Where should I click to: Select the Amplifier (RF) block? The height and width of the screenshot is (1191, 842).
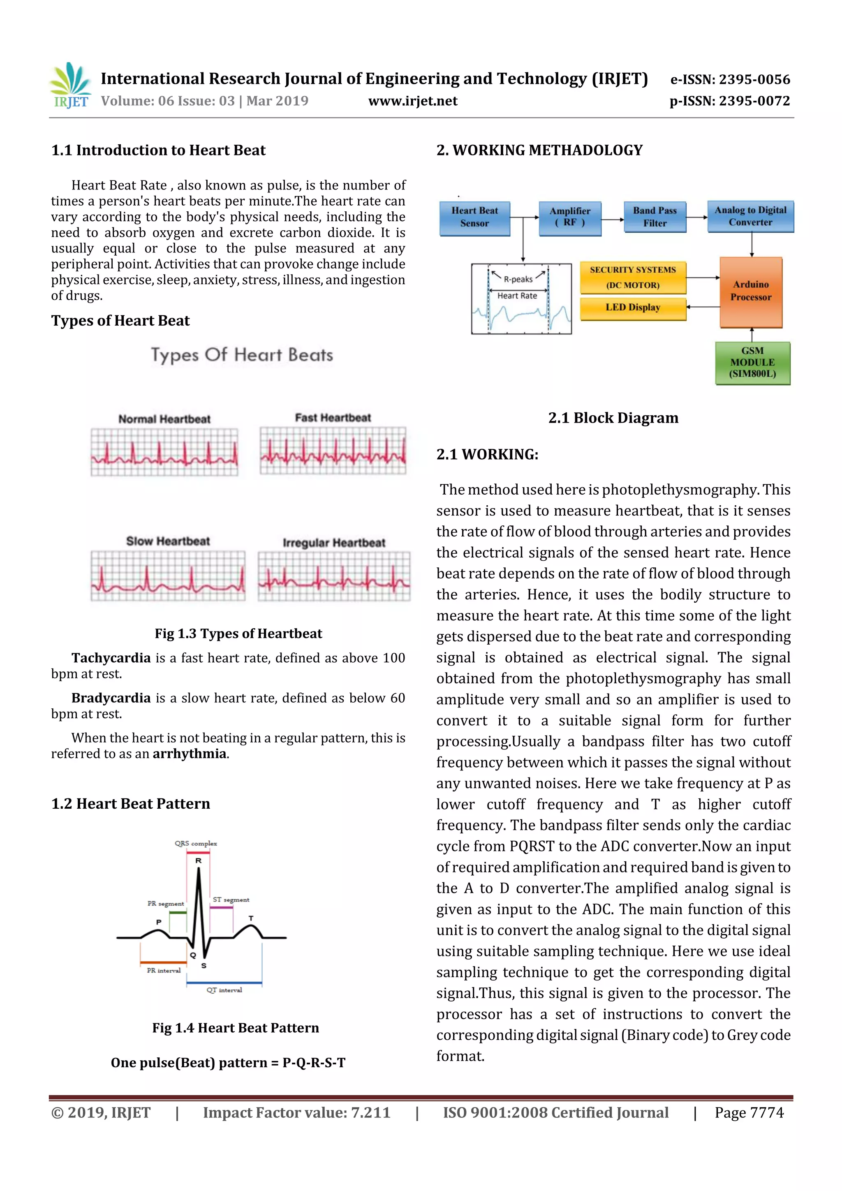(570, 218)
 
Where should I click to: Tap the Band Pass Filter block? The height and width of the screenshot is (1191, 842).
(655, 217)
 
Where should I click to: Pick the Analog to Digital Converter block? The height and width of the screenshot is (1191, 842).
(750, 216)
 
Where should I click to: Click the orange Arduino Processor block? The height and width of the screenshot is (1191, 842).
(751, 291)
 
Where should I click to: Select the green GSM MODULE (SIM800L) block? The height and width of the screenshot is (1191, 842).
(752, 363)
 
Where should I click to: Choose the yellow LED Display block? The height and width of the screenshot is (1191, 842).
(633, 308)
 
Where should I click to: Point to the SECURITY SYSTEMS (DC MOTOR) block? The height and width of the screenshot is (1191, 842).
(633, 278)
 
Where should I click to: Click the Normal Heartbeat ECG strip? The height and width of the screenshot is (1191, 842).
(164, 452)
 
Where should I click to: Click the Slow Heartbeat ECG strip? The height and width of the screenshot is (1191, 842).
(168, 576)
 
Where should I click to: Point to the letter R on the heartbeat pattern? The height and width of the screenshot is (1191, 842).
(198, 860)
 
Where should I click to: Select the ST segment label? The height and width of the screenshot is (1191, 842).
(231, 900)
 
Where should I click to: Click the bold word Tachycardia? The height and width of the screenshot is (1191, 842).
(111, 658)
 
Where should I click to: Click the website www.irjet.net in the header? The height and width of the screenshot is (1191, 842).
(413, 101)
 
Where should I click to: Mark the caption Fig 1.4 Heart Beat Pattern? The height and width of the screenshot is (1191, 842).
(236, 1028)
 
